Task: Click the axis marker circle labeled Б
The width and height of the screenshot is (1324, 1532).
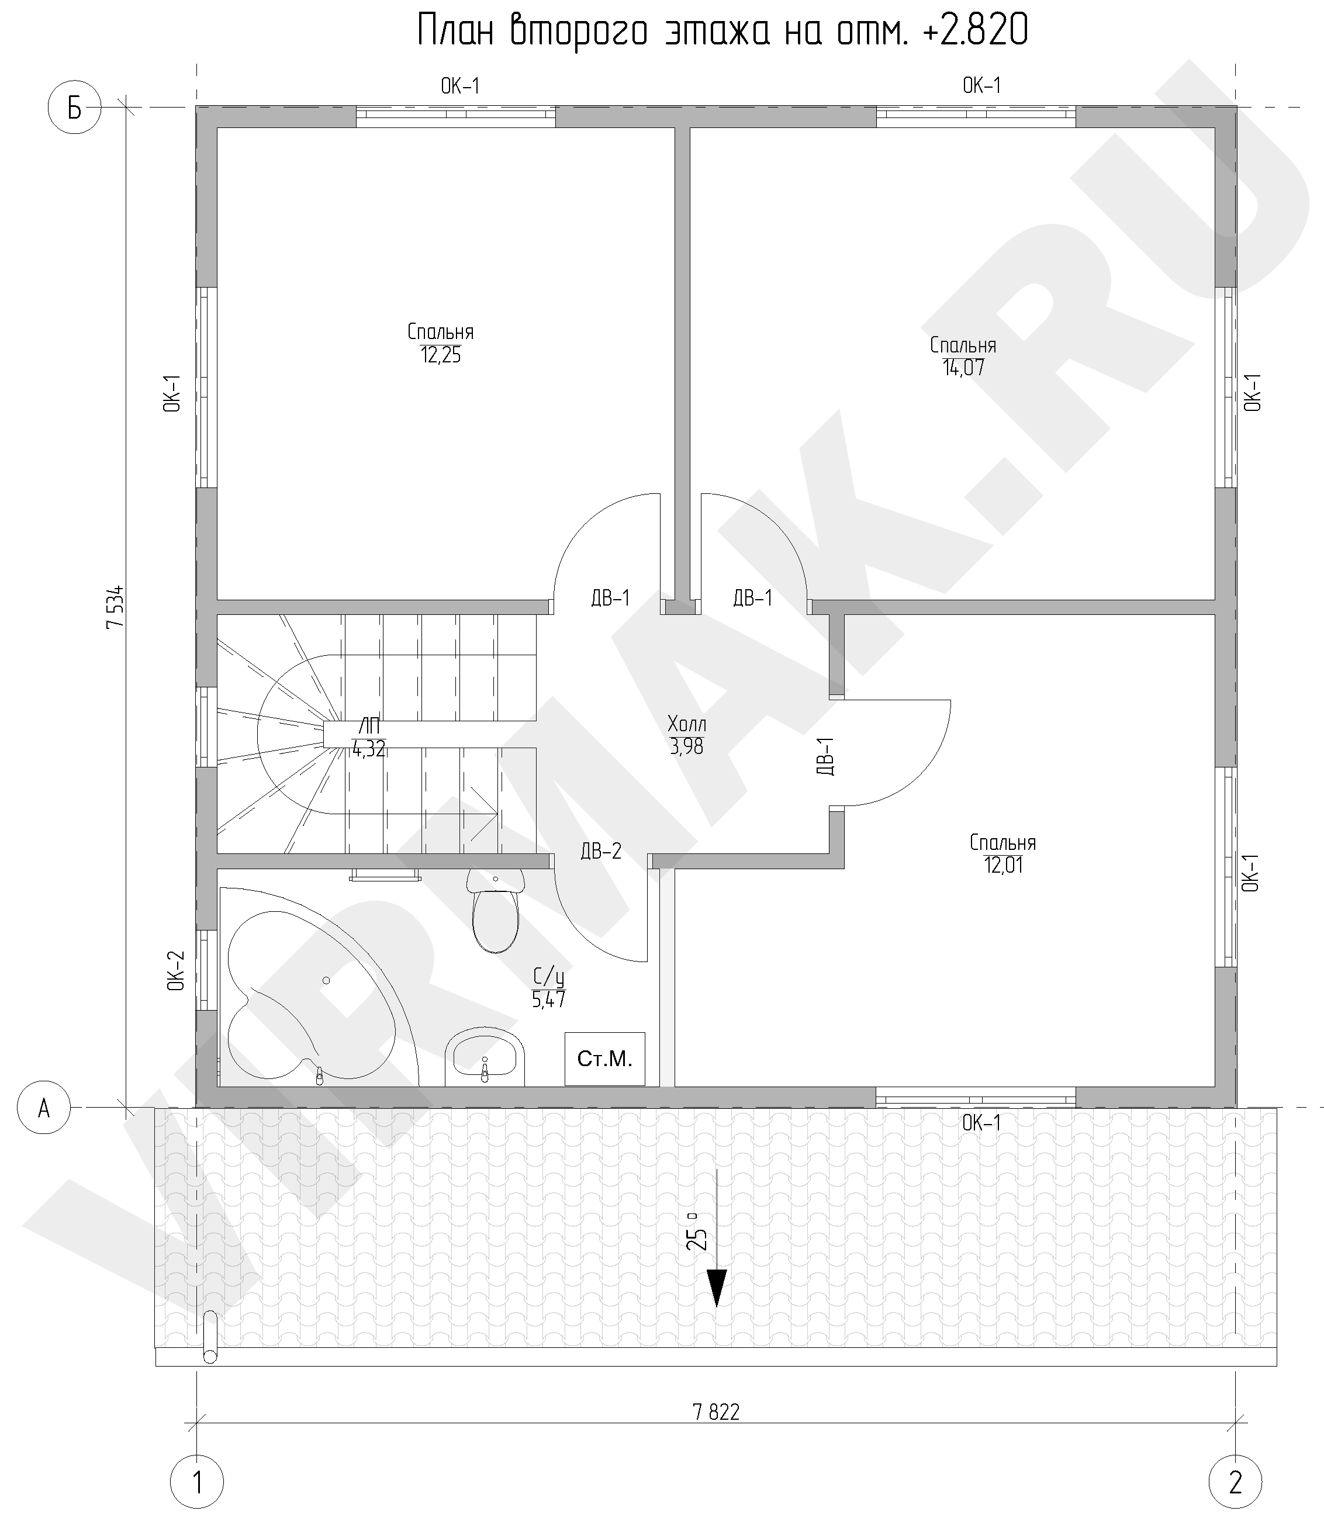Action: tap(74, 108)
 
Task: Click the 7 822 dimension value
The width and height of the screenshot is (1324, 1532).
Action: tap(715, 1413)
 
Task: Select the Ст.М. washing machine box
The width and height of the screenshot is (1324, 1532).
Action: tap(604, 1059)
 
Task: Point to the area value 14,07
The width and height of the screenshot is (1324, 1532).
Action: tap(963, 368)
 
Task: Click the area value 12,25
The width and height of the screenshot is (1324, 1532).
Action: tap(441, 355)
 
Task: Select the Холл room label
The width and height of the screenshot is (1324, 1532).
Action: tap(687, 722)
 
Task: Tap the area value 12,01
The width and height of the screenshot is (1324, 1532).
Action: tap(1003, 865)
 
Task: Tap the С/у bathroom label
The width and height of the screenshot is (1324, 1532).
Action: tap(548, 977)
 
